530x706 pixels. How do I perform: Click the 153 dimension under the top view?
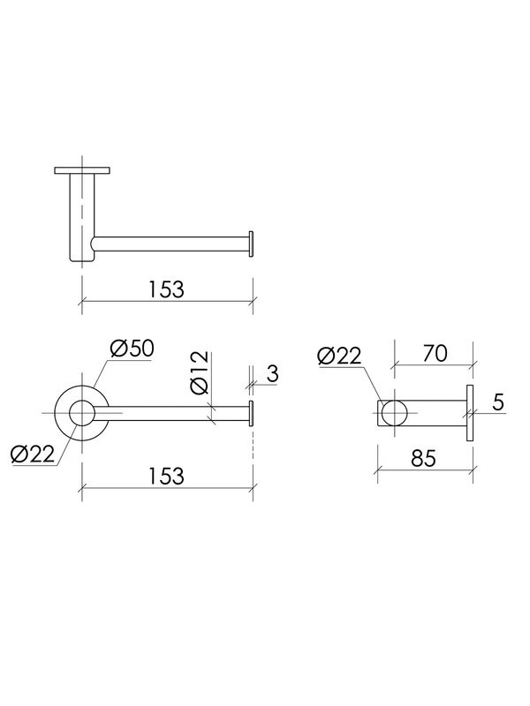coord(166,289)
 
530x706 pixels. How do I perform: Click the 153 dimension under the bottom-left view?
coord(166,476)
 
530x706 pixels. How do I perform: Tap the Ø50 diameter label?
coord(132,349)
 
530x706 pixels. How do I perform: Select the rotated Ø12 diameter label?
coord(200,372)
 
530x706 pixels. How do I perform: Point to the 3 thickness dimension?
coord(272,373)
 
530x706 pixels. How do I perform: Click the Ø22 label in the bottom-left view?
coord(33,454)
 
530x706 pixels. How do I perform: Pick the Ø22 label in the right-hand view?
coord(339,357)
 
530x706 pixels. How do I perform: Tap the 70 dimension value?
coord(435,354)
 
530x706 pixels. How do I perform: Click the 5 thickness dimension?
coord(497,402)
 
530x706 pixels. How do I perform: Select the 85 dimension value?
coord(424,458)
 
